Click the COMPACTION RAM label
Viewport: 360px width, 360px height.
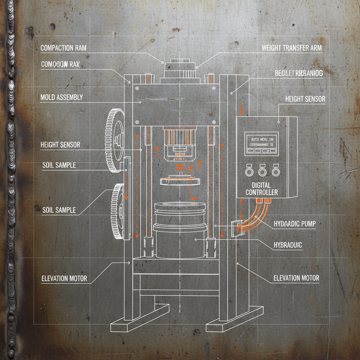(63, 48)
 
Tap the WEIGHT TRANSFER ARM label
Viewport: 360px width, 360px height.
(291, 48)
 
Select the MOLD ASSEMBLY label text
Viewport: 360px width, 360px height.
(62, 97)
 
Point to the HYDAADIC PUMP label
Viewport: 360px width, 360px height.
(294, 224)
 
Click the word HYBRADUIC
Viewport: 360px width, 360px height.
(288, 245)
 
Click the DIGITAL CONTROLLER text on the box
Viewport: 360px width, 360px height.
(262, 188)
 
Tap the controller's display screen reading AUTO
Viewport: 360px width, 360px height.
(261, 143)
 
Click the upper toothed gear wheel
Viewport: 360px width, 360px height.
(115, 141)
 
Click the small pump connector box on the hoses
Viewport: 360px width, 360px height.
(237, 228)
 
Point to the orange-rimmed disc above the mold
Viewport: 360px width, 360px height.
(178, 181)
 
